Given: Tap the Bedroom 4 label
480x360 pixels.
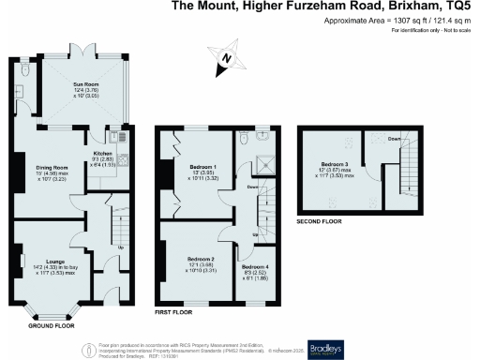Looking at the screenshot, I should click(255, 267).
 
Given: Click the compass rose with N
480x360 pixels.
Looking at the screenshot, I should click(225, 59).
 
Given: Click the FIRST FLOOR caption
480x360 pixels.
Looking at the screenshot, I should click(174, 310).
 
